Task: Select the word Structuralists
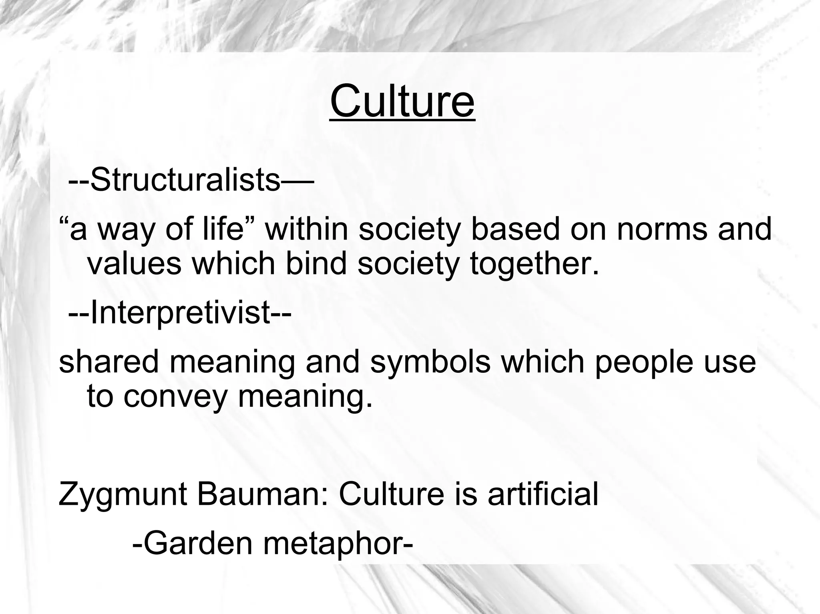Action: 185,180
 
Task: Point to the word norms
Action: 662,229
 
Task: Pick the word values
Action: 134,264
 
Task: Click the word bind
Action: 316,264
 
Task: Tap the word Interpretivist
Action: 181,313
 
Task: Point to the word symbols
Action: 430,362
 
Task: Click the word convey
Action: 175,396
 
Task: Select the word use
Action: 734,362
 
